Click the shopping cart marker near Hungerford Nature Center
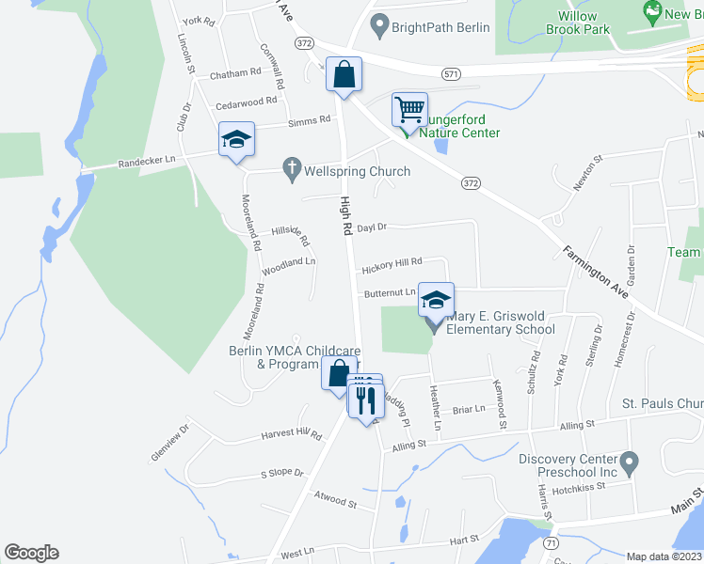409,110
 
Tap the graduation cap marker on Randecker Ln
236,141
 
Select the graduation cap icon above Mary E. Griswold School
436,301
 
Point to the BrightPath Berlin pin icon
379,26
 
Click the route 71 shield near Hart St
551,543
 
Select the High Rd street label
345,216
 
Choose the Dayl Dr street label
372,227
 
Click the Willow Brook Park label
578,23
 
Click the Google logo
31,553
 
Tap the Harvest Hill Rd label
291,434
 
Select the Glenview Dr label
169,442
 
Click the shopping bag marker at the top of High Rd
344,74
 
